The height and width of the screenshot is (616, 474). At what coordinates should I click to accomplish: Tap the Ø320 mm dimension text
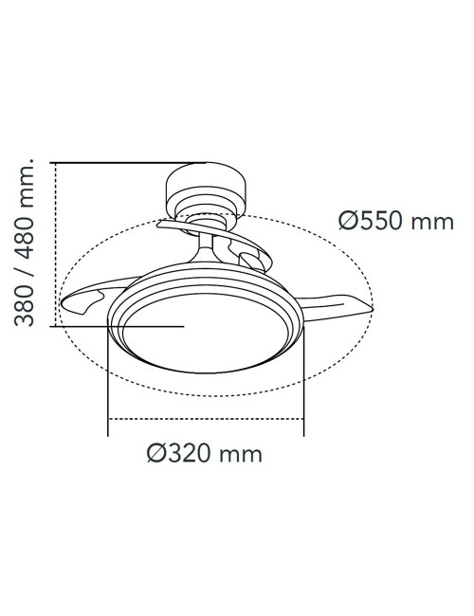(x=205, y=454)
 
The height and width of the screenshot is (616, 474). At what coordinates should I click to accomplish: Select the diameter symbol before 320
(x=157, y=454)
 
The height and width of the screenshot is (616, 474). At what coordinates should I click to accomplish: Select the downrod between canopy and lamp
(x=206, y=248)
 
